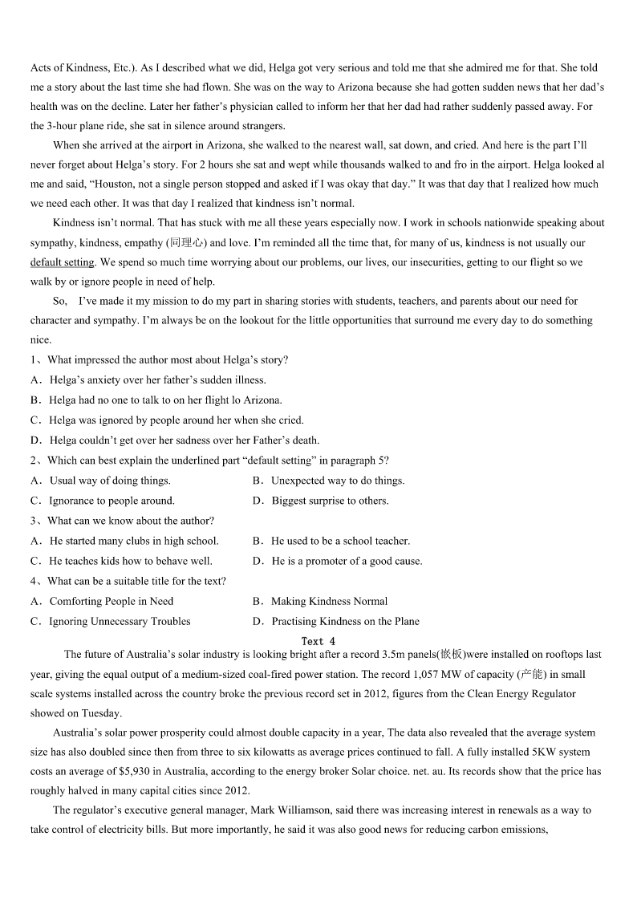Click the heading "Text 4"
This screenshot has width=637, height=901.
pyautogui.click(x=318, y=641)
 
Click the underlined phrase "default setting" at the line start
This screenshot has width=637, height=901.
pyautogui.click(x=62, y=262)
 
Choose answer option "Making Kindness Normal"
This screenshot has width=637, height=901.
pyautogui.click(x=329, y=601)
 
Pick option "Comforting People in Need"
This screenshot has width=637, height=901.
pyautogui.click(x=111, y=601)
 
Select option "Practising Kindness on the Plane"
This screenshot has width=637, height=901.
pyautogui.click(x=345, y=621)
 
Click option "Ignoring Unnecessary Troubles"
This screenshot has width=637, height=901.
pyautogui.click(x=120, y=621)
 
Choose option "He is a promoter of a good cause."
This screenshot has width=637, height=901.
pyautogui.click(x=347, y=561)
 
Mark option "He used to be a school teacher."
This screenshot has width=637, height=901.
pyautogui.click(x=340, y=541)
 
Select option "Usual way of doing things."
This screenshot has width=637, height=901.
pyautogui.click(x=110, y=481)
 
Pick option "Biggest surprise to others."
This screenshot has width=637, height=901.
pyautogui.click(x=330, y=501)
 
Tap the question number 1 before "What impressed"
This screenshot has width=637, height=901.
pyautogui.click(x=34, y=359)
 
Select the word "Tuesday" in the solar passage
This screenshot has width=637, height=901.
pyautogui.click(x=102, y=713)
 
